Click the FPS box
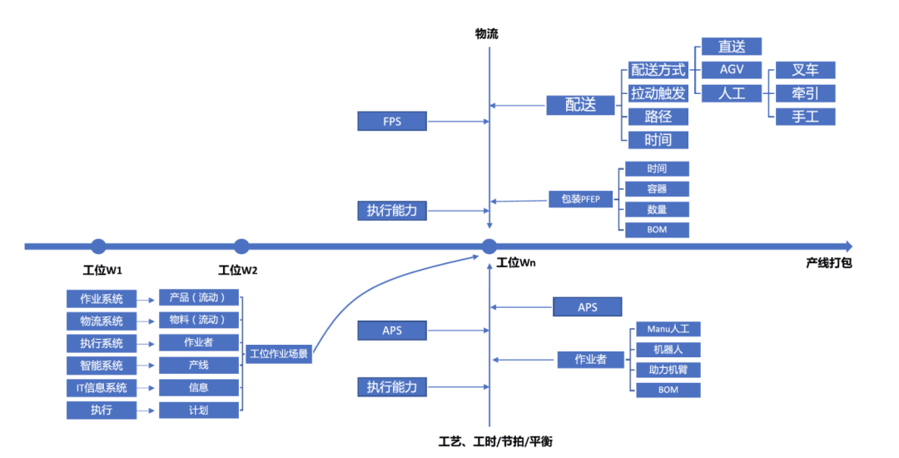coord(392,122)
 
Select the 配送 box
coord(581,104)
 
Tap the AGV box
coord(731,69)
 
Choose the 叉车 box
coord(804,70)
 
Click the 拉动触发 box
coord(658,93)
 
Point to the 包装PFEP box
coord(581,199)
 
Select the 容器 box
coord(657,189)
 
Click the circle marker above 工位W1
coord(98,246)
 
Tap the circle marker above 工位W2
coord(241,246)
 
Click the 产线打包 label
coord(828,262)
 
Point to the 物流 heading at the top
coord(487,34)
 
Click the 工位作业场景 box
coord(279,353)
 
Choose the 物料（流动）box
coord(199,320)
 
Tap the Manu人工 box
coord(668,330)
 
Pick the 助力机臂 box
coord(668,370)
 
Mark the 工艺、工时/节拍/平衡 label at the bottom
coord(494,441)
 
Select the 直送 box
coord(731,47)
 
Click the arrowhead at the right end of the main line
coord(848,246)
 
